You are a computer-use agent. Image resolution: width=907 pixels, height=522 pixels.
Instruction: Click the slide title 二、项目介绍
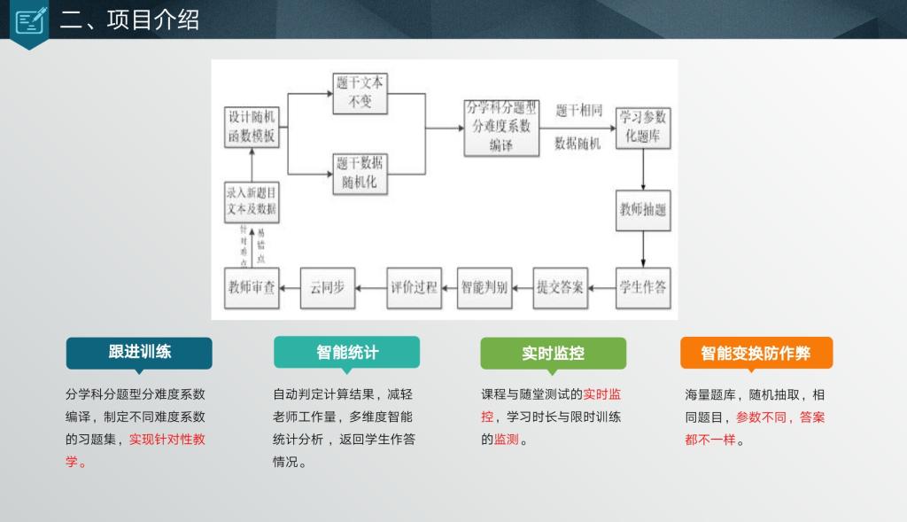(x=129, y=19)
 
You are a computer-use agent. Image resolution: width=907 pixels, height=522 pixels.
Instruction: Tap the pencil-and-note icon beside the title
(x=31, y=19)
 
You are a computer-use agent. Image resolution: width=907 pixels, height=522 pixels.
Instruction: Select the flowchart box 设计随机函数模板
(x=252, y=127)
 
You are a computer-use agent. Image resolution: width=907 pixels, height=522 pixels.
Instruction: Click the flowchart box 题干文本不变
(x=360, y=92)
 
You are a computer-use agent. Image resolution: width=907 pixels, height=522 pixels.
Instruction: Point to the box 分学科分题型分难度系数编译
(x=501, y=127)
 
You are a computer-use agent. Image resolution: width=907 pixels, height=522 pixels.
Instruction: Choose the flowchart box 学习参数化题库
(x=643, y=127)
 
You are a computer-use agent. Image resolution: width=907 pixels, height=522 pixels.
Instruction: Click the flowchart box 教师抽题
(x=643, y=210)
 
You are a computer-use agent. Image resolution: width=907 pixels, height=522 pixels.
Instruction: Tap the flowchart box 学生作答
(x=643, y=287)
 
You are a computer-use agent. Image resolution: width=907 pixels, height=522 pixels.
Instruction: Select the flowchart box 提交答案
(x=560, y=287)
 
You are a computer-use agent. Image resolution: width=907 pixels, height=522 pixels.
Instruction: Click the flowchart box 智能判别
(x=484, y=287)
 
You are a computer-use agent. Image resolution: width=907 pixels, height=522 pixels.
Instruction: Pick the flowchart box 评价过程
(x=414, y=287)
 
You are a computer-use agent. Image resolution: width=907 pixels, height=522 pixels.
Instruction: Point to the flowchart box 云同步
(x=328, y=287)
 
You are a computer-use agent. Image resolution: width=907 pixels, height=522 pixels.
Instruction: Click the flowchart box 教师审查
(x=252, y=287)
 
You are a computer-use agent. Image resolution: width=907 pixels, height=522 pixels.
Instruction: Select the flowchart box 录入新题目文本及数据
(x=252, y=202)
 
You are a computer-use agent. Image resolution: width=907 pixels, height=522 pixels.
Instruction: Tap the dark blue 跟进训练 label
(x=139, y=352)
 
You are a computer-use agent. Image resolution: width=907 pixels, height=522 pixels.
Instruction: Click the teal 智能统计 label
(x=346, y=352)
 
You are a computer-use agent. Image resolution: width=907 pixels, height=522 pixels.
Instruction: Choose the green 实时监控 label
(x=553, y=353)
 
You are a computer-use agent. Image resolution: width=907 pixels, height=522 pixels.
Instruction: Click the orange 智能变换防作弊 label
(x=756, y=353)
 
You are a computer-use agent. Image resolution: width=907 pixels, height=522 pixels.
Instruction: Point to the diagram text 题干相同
(x=578, y=111)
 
